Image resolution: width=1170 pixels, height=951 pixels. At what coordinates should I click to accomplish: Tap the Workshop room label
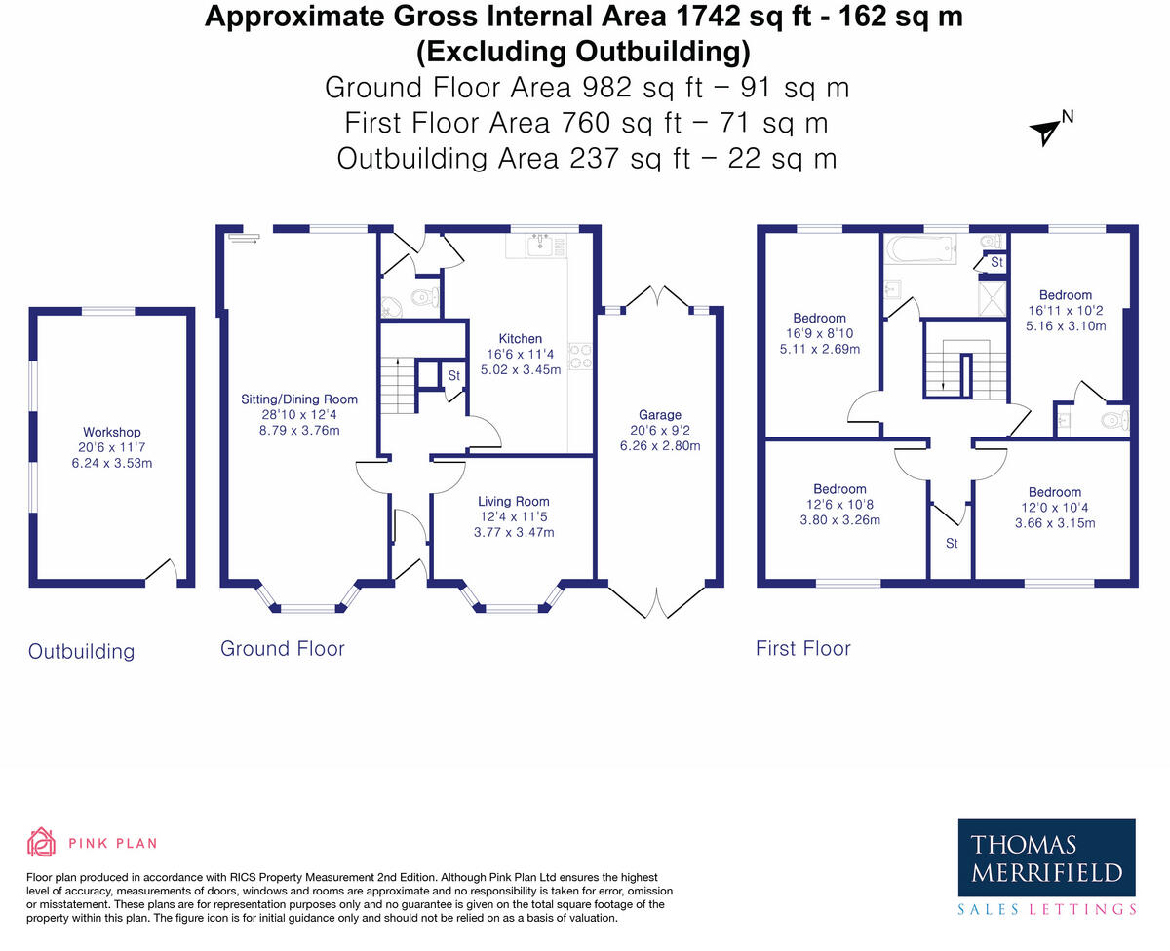(111, 432)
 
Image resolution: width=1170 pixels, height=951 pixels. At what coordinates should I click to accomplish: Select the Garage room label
(660, 414)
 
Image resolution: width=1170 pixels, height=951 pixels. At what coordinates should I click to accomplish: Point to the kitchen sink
(537, 245)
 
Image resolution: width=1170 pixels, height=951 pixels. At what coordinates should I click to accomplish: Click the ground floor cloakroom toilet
(424, 297)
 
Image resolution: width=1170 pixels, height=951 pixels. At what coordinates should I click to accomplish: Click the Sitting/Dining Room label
(299, 399)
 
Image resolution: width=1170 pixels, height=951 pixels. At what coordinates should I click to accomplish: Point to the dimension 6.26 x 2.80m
(660, 446)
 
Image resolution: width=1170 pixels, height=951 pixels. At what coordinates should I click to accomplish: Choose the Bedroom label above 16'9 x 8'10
(819, 318)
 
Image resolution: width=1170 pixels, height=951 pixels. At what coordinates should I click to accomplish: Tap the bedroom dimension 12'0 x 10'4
(1054, 508)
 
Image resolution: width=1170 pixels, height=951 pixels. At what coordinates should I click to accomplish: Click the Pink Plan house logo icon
(40, 842)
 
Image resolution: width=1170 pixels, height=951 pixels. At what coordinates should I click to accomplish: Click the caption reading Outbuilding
(81, 651)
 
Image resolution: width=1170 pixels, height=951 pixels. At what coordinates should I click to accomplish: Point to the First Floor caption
(802, 648)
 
